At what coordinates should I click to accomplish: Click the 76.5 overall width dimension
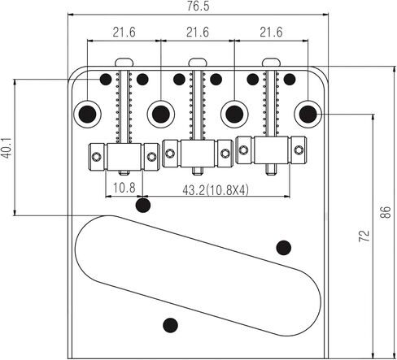198,6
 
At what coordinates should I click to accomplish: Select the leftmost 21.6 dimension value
124,33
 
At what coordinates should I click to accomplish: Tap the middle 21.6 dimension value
198,33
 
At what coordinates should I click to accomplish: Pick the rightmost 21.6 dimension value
271,33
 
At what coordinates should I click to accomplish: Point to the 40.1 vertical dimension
7,148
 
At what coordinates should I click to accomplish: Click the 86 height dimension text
386,212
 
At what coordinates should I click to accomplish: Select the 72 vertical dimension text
364,236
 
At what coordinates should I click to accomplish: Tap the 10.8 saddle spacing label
124,188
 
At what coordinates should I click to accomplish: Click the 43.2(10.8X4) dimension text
216,190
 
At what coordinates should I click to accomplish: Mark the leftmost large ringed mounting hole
87,114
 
